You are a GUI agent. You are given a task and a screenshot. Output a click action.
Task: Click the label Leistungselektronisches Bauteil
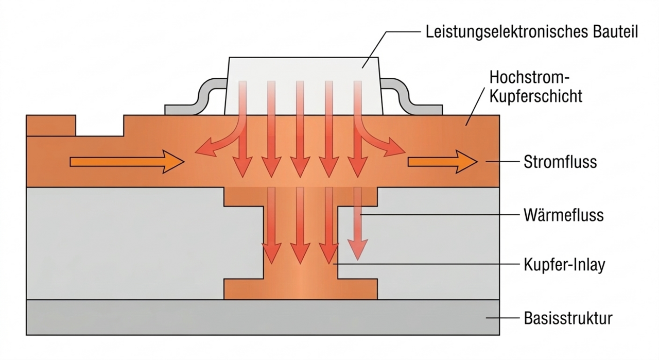pos(532,32)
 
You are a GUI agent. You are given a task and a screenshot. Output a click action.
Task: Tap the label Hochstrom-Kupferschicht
pos(535,87)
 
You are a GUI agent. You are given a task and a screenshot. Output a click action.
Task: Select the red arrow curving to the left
pos(216,144)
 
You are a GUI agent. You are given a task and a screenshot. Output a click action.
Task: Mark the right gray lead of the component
pos(407,98)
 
